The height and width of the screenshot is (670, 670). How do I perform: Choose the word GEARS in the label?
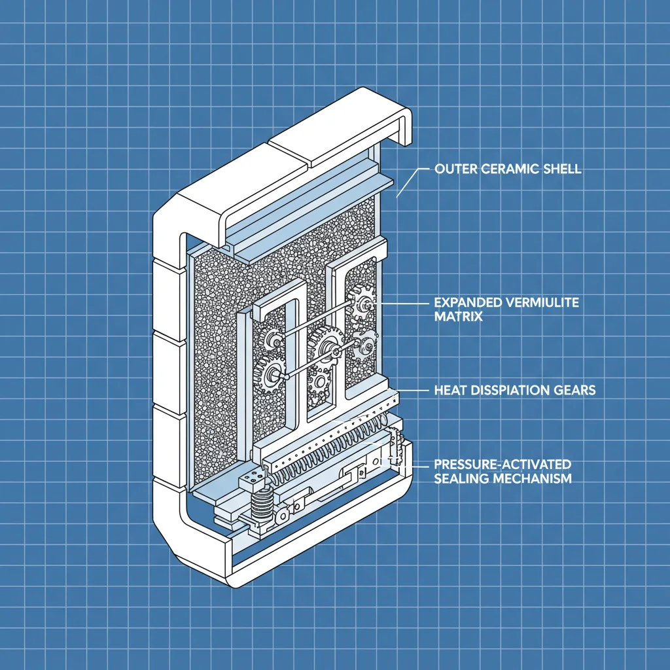(576, 391)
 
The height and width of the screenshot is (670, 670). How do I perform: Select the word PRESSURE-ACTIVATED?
(502, 465)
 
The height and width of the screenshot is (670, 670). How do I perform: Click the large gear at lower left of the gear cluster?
(270, 375)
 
